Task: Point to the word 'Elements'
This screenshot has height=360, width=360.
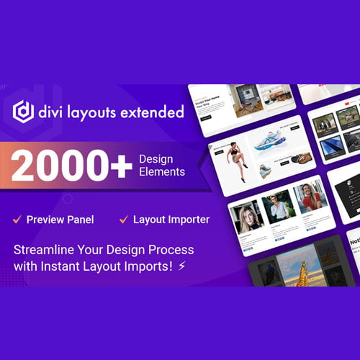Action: pyautogui.click(x=162, y=172)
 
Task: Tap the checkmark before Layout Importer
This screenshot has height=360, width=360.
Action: pyautogui.click(x=123, y=217)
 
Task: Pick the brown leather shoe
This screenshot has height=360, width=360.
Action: pyautogui.click(x=282, y=158)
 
